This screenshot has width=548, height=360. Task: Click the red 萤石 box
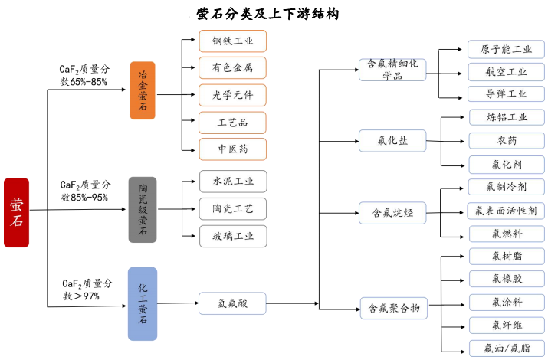click(x=16, y=212)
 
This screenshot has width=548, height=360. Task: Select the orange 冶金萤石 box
click(x=143, y=90)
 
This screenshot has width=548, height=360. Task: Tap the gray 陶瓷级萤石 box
click(x=143, y=209)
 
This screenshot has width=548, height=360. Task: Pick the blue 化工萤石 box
click(x=143, y=303)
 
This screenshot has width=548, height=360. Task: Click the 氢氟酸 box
click(x=233, y=304)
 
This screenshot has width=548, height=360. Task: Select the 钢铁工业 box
click(x=233, y=41)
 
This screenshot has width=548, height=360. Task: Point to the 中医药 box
click(x=233, y=149)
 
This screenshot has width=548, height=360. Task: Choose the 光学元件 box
click(x=233, y=95)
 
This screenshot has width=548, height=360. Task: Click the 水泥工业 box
click(x=233, y=182)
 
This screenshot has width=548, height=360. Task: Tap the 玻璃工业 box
click(x=233, y=236)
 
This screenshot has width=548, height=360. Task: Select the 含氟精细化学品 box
click(x=392, y=70)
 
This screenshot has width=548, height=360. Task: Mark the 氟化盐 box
click(x=392, y=141)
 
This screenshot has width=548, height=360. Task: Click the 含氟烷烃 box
click(x=392, y=213)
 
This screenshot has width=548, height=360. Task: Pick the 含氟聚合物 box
click(x=392, y=309)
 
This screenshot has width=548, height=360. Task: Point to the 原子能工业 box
click(x=506, y=49)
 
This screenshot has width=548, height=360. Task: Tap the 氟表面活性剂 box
click(x=506, y=211)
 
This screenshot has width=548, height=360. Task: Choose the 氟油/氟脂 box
click(x=506, y=348)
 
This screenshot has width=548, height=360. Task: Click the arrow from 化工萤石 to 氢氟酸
click(x=178, y=304)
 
